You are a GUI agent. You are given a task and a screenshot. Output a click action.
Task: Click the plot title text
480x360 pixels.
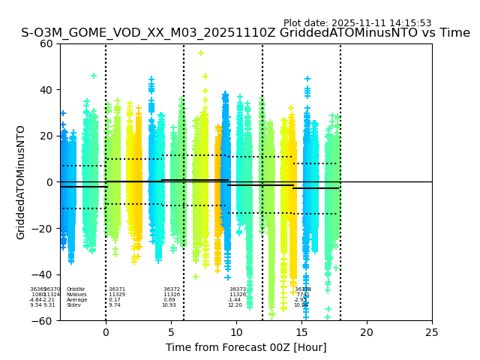click(x=245, y=33)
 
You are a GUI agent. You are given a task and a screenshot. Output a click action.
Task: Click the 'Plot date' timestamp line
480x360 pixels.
click(x=357, y=23)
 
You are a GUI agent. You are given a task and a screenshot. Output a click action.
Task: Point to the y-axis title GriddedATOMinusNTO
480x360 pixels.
click(x=21, y=182)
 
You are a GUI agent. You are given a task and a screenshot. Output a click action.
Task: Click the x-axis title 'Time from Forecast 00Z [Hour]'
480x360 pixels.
click(x=246, y=347)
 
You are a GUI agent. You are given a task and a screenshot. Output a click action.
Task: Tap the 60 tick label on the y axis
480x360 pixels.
click(x=46, y=43)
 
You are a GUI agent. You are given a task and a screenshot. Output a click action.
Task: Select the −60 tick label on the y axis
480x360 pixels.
click(x=43, y=320)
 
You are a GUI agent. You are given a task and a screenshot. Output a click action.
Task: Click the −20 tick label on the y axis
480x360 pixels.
click(x=43, y=228)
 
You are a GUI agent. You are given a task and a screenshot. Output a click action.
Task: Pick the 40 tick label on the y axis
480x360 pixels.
click(x=46, y=90)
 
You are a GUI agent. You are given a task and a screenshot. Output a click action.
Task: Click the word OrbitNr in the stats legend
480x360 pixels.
click(x=76, y=289)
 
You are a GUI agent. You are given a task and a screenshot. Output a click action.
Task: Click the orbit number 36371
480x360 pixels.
click(x=117, y=289)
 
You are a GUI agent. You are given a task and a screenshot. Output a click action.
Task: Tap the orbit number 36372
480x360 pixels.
click(x=172, y=289)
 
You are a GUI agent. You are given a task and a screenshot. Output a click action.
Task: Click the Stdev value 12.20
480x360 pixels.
click(x=235, y=305)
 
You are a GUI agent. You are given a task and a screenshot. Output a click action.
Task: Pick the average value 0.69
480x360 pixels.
click(x=169, y=300)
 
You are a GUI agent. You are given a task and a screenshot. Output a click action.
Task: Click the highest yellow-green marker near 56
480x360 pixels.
click(x=201, y=53)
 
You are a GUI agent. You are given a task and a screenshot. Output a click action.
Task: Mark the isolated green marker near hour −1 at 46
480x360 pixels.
click(x=94, y=76)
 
